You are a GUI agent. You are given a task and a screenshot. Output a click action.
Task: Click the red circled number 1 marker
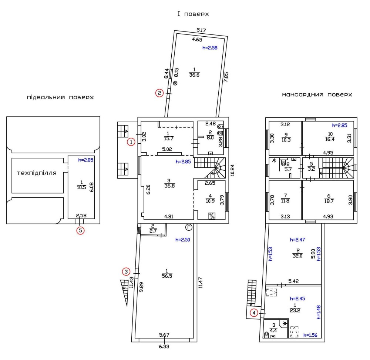131,142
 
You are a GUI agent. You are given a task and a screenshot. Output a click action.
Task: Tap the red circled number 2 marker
159,93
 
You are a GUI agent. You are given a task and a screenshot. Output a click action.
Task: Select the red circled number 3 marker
126,271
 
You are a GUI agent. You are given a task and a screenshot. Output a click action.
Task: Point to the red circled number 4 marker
254,313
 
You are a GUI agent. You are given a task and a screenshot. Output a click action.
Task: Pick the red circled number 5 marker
80,230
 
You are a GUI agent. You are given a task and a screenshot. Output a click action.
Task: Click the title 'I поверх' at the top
193,14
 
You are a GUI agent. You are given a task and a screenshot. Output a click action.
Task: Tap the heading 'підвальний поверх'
60,97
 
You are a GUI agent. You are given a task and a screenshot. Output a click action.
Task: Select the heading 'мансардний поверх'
317,94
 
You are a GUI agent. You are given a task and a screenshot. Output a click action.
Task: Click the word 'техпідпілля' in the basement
37,173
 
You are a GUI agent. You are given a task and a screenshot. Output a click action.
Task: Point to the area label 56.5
167,276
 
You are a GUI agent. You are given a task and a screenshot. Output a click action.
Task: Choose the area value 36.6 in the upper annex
194,75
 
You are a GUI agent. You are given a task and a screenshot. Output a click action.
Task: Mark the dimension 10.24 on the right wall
232,170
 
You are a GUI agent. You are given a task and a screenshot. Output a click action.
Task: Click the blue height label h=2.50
183,240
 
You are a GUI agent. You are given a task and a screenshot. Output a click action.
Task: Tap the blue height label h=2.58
210,48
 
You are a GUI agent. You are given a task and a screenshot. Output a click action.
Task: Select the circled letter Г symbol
189,227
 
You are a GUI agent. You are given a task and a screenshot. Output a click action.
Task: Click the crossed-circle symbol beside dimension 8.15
175,83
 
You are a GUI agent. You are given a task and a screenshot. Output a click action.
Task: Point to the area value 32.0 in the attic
297,256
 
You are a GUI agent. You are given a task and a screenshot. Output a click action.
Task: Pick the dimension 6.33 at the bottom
164,347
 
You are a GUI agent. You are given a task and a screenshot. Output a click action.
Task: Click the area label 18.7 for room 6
329,201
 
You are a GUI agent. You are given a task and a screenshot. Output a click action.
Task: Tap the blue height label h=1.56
310,335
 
